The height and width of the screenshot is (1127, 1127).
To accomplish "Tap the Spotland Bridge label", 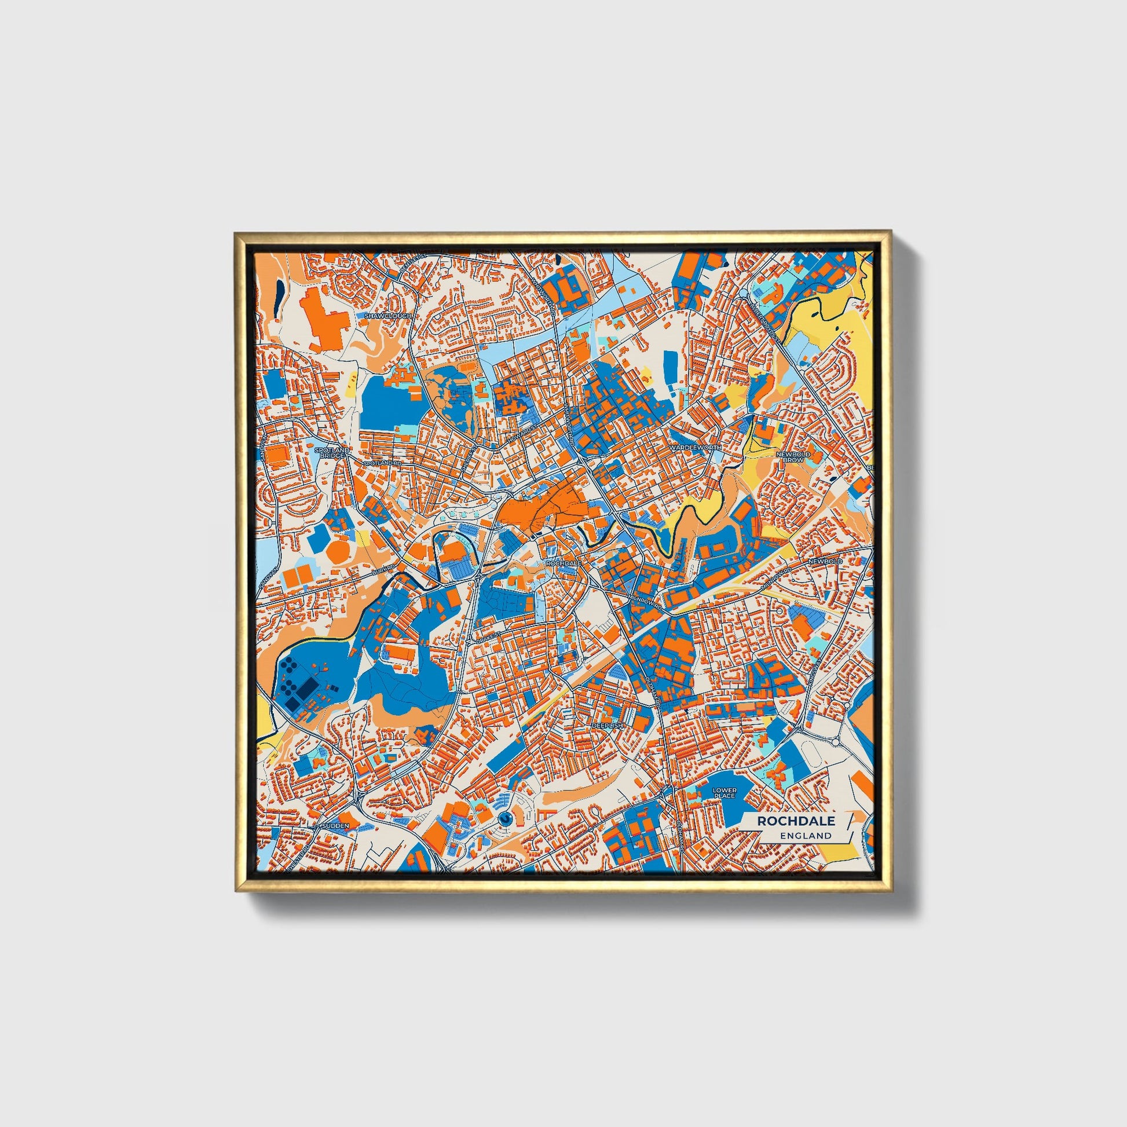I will (331, 453).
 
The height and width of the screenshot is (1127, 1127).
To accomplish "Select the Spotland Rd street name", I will (383, 463).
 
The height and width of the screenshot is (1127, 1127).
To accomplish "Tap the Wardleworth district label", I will (696, 448).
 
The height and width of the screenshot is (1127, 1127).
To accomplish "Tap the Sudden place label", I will (338, 826).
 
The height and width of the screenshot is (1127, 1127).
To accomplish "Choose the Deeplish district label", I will (608, 725).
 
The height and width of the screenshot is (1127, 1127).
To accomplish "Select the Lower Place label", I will (724, 793).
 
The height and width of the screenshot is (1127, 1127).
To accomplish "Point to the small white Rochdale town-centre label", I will (563, 563).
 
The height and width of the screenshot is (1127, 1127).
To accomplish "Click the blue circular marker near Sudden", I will (505, 819).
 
